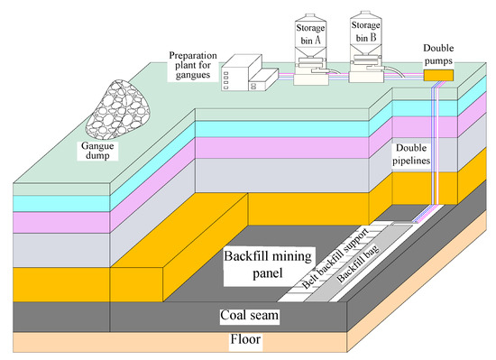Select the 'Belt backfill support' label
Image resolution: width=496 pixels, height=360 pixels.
point(319,270)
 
